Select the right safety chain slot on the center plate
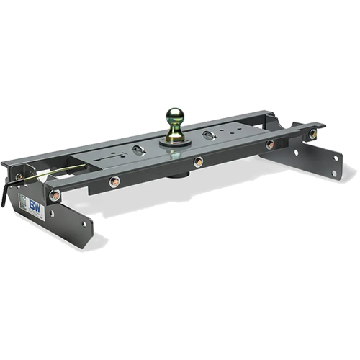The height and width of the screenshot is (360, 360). (x=209, y=135)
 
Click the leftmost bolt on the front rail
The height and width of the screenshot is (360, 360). (x=55, y=195)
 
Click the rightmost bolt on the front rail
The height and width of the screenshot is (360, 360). (x=312, y=135)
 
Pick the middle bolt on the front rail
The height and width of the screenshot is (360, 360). (x=198, y=162)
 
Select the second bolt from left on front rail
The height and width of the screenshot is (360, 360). (x=114, y=181)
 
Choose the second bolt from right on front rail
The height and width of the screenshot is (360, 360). (x=269, y=145)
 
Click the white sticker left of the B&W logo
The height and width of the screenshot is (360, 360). (x=24, y=204)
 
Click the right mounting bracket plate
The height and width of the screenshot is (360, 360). (x=317, y=162)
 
